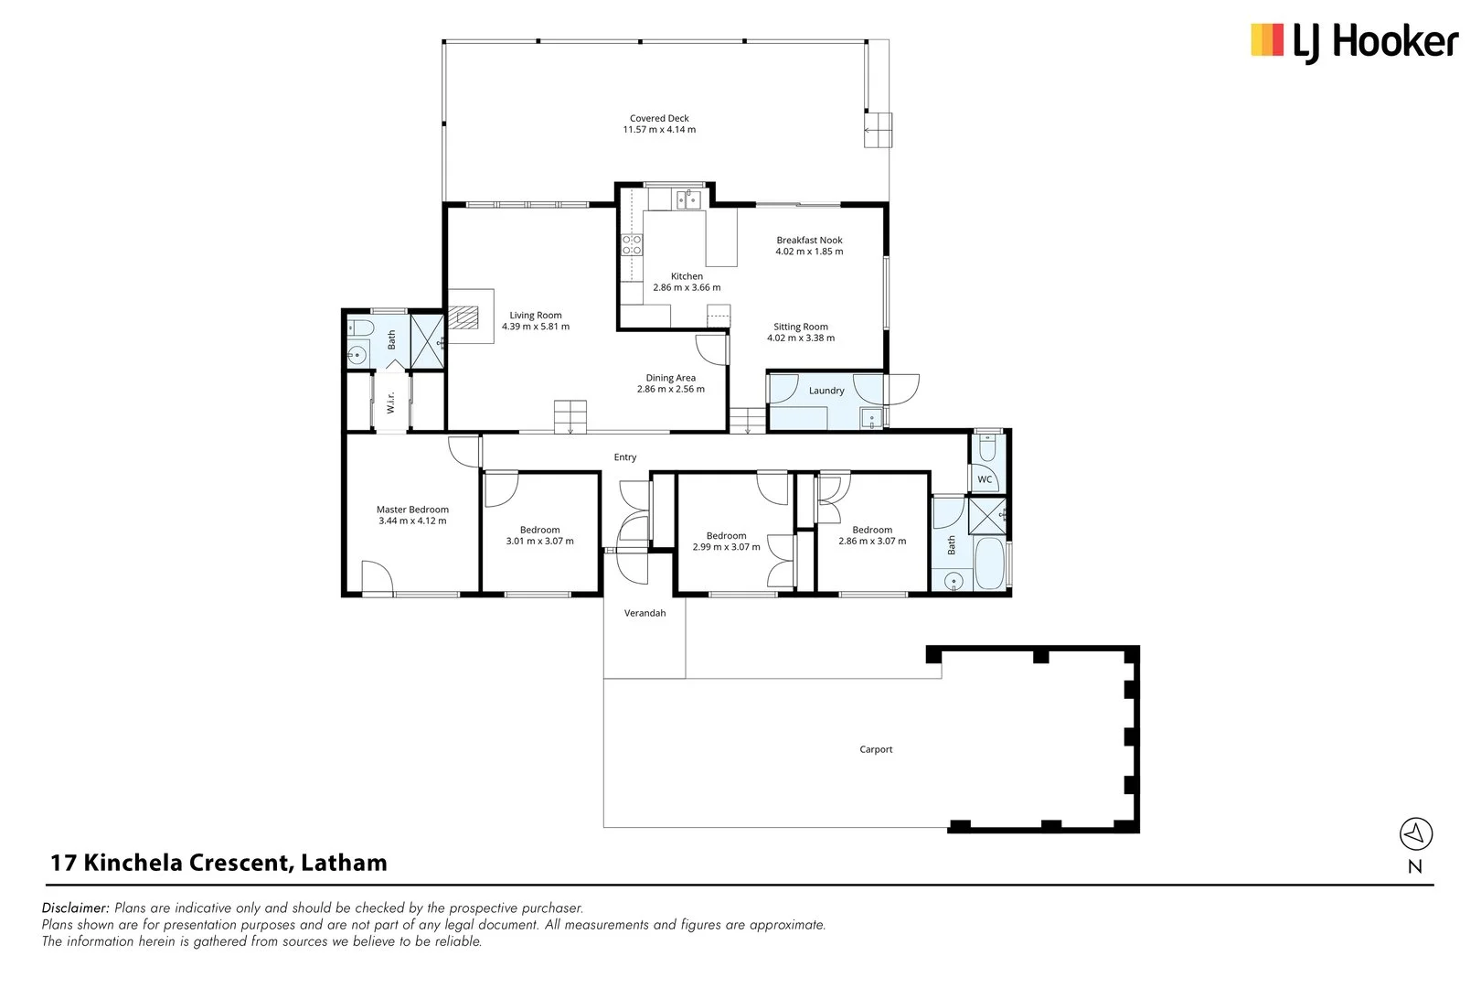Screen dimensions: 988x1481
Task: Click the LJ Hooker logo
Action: [1353, 42]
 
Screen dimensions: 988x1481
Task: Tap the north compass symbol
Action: [1415, 834]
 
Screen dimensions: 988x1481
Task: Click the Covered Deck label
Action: [659, 118]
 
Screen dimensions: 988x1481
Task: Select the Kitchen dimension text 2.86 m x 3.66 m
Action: [687, 287]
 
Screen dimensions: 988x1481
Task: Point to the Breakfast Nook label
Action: [809, 240]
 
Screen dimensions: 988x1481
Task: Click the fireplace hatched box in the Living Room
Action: [466, 317]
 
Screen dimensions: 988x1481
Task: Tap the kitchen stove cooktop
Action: [632, 244]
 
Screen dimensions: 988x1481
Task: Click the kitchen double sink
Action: [687, 199]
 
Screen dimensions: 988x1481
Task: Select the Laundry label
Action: [826, 391]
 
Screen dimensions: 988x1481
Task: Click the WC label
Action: [985, 479]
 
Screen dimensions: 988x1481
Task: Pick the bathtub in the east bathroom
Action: [989, 564]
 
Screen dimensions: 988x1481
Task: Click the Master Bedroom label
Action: [412, 510]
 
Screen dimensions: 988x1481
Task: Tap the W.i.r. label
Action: [390, 403]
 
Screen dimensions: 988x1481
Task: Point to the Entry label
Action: [625, 457]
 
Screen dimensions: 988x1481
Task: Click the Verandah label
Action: [645, 613]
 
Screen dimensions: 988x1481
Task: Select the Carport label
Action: [876, 749]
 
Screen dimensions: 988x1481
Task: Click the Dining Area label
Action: [670, 378]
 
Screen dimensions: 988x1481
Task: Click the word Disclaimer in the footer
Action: [76, 908]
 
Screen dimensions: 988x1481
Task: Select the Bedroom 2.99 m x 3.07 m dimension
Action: [726, 547]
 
